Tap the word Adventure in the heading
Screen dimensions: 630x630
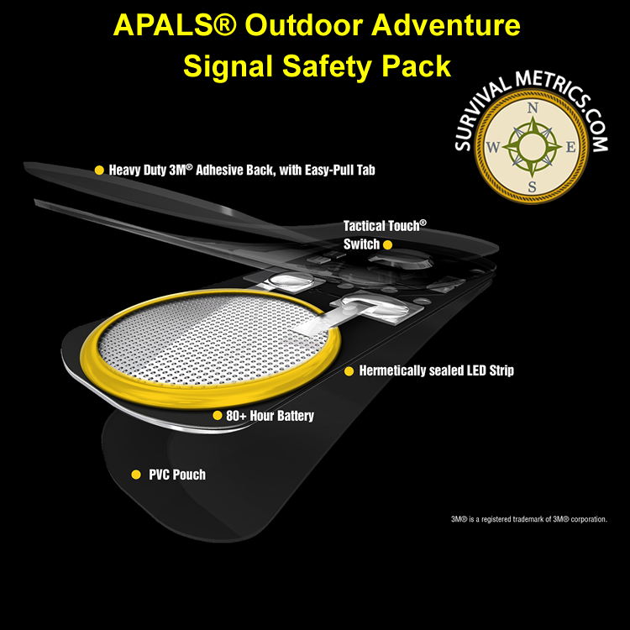click(x=445, y=25)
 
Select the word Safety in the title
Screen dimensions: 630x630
click(x=327, y=66)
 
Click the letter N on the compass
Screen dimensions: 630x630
click(x=533, y=108)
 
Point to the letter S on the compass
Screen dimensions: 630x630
click(x=532, y=186)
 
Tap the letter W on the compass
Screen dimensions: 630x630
click(x=493, y=147)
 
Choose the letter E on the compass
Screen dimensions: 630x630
click(x=570, y=148)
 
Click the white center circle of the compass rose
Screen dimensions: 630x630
click(x=532, y=147)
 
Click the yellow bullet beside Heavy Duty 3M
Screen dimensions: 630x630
click(x=99, y=171)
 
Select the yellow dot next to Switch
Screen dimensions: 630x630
click(x=388, y=244)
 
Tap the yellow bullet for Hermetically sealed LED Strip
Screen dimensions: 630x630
click(x=349, y=371)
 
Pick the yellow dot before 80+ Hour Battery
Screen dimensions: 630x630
click(x=217, y=416)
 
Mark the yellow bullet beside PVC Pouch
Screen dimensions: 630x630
click(x=136, y=475)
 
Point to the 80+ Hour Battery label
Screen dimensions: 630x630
click(x=270, y=416)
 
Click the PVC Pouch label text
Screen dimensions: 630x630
click(x=177, y=475)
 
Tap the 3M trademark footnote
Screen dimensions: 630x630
click(x=528, y=519)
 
